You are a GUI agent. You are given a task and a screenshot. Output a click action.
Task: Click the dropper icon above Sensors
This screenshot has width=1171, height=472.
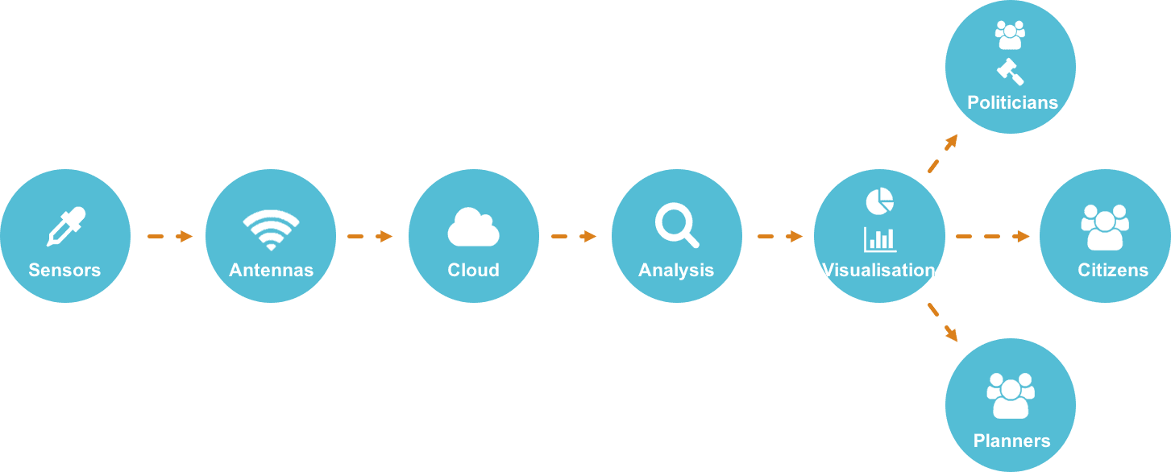click(x=65, y=226)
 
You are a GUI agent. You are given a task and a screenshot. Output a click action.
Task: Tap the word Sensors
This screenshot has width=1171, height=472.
click(x=64, y=270)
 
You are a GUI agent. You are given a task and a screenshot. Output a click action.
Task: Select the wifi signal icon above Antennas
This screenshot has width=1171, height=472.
click(x=271, y=230)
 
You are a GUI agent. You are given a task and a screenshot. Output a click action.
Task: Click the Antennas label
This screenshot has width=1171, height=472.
click(x=271, y=270)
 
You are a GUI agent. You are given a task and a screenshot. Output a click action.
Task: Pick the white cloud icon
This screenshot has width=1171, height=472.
click(x=473, y=227)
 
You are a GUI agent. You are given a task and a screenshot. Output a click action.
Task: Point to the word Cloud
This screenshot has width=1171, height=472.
click(x=473, y=270)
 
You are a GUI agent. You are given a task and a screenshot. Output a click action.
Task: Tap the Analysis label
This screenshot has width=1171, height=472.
click(x=676, y=270)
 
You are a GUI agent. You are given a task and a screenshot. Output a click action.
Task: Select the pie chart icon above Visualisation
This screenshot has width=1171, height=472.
click(x=879, y=201)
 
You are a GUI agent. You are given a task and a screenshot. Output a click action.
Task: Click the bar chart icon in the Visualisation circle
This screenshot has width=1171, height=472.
click(x=880, y=239)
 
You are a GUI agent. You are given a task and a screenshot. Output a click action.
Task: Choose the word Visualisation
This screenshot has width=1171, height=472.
click(x=878, y=270)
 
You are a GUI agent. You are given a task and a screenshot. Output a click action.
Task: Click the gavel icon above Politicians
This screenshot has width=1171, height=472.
click(x=1010, y=72)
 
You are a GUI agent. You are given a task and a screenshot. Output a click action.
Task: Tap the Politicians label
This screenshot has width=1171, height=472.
click(x=1012, y=103)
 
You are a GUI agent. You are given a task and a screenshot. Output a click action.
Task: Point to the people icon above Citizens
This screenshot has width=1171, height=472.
click(x=1104, y=227)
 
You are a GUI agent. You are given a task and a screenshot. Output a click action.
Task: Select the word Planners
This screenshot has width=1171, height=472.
click(x=1011, y=441)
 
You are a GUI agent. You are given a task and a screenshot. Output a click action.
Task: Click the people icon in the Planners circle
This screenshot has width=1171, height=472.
click(x=1010, y=395)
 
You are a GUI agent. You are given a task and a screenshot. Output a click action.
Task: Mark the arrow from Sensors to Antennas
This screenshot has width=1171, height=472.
click(x=169, y=236)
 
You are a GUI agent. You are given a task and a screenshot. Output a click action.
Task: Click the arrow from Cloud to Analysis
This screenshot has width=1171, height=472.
click(x=574, y=236)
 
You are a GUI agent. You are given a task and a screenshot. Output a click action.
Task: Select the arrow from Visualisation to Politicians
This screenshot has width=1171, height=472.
click(x=943, y=153)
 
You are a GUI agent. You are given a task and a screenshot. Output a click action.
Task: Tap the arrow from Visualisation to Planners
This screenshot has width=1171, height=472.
click(x=943, y=321)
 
